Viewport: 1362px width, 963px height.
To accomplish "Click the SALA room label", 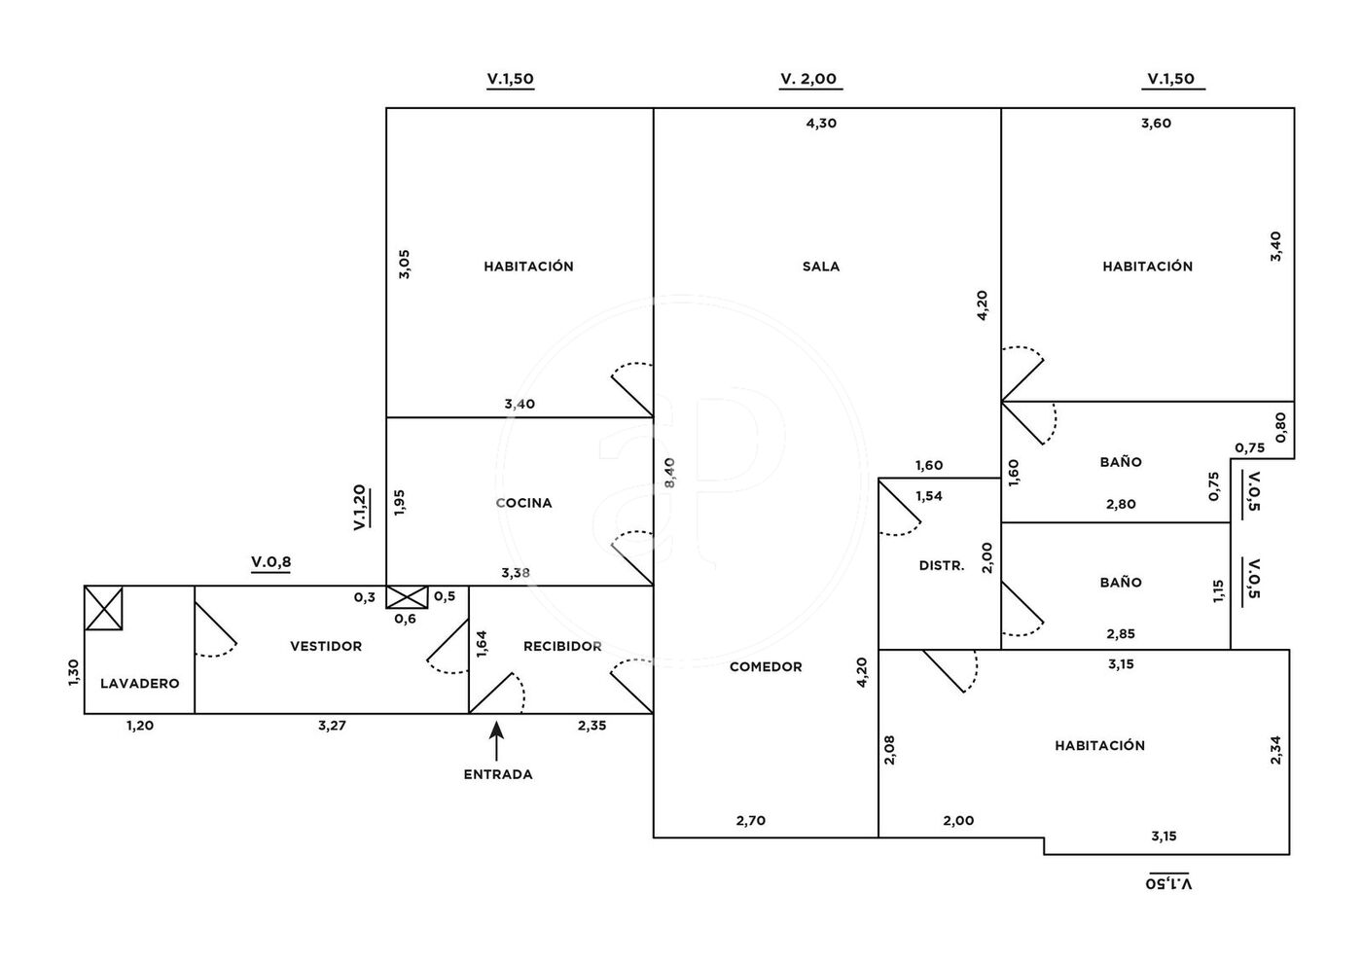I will [820, 267].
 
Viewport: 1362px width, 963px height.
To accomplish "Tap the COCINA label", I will [523, 503].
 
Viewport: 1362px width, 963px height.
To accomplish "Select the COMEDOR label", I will [766, 666].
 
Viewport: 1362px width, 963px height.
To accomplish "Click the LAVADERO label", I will [140, 684].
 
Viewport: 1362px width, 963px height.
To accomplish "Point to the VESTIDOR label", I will [326, 646].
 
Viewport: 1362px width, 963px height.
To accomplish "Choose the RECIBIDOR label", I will [562, 646].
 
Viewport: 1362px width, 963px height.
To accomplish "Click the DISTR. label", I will [941, 565].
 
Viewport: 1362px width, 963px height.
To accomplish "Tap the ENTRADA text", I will [497, 775].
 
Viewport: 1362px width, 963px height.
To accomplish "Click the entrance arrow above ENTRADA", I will [497, 738].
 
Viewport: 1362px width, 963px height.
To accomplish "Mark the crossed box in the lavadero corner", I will [104, 608].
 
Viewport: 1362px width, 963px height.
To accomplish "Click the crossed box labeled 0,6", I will [406, 597].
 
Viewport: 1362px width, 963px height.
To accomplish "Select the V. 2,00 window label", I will [808, 80].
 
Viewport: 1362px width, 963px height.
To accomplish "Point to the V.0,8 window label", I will [270, 561].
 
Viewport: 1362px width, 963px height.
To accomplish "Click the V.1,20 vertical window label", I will [359, 507].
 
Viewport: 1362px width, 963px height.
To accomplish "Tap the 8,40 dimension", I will [668, 473].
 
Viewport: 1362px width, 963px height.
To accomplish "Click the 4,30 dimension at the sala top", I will [821, 124].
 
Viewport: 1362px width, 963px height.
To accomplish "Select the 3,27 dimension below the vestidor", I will [332, 726].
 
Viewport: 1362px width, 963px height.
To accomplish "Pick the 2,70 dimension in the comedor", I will [750, 821].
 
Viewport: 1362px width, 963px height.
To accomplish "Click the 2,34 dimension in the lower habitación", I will [1275, 749].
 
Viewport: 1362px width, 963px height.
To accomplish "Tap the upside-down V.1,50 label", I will [1168, 883].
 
